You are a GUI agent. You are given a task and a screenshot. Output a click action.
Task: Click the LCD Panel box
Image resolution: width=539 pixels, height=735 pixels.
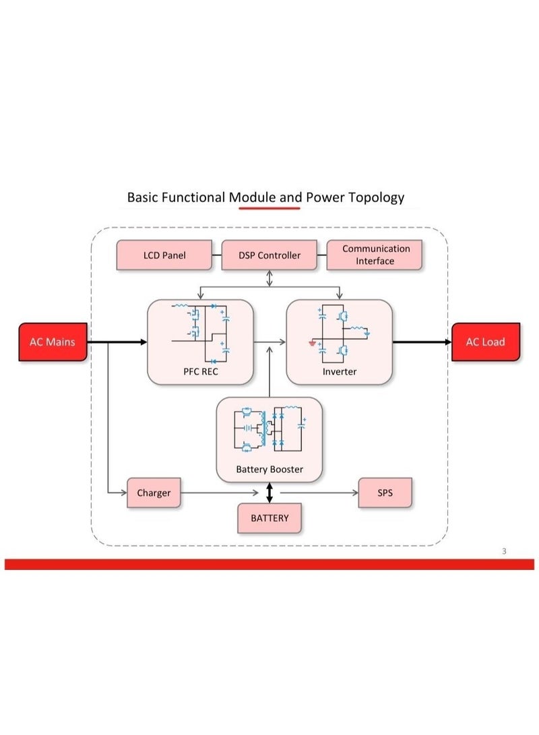(x=164, y=255)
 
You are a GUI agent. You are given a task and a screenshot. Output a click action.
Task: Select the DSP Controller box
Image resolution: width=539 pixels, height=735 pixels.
(x=269, y=255)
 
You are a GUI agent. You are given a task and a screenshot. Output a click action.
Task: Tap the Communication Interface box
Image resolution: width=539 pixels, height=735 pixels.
(x=375, y=255)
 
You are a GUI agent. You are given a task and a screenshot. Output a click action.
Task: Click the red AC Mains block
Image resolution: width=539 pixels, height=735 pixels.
(x=53, y=342)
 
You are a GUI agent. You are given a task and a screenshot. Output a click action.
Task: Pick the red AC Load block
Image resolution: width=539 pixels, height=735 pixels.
(x=486, y=342)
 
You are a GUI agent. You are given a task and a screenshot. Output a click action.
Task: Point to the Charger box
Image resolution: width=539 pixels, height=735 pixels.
(x=154, y=492)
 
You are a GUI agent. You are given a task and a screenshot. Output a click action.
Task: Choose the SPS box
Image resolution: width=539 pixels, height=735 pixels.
(x=385, y=492)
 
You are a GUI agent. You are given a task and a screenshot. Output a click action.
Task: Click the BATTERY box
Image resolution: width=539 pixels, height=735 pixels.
(x=269, y=518)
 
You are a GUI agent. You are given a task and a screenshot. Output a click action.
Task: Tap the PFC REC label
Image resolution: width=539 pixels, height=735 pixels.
(x=201, y=372)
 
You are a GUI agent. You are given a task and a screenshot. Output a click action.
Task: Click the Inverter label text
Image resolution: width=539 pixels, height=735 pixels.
(x=340, y=372)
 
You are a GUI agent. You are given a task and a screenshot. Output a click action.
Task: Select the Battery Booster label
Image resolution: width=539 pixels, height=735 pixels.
(x=269, y=469)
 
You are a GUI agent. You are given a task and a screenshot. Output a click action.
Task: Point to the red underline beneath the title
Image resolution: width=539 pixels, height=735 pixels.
(x=269, y=207)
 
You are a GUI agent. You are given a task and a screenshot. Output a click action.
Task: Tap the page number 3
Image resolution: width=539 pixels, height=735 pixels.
(x=505, y=551)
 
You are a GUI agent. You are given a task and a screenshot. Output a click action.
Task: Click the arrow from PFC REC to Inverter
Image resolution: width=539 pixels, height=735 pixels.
(x=269, y=342)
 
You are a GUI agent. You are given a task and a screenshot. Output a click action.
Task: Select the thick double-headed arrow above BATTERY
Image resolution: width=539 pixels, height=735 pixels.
(x=269, y=492)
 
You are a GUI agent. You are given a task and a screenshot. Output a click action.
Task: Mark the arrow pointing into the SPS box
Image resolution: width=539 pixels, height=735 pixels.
(x=319, y=492)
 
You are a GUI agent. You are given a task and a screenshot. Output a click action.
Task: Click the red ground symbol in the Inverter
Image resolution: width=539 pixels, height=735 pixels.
(x=312, y=343)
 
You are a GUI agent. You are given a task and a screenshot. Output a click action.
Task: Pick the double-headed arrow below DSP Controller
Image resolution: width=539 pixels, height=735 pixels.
(x=269, y=278)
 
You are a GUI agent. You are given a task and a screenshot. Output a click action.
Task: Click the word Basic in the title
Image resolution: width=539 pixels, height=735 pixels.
(x=142, y=197)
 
